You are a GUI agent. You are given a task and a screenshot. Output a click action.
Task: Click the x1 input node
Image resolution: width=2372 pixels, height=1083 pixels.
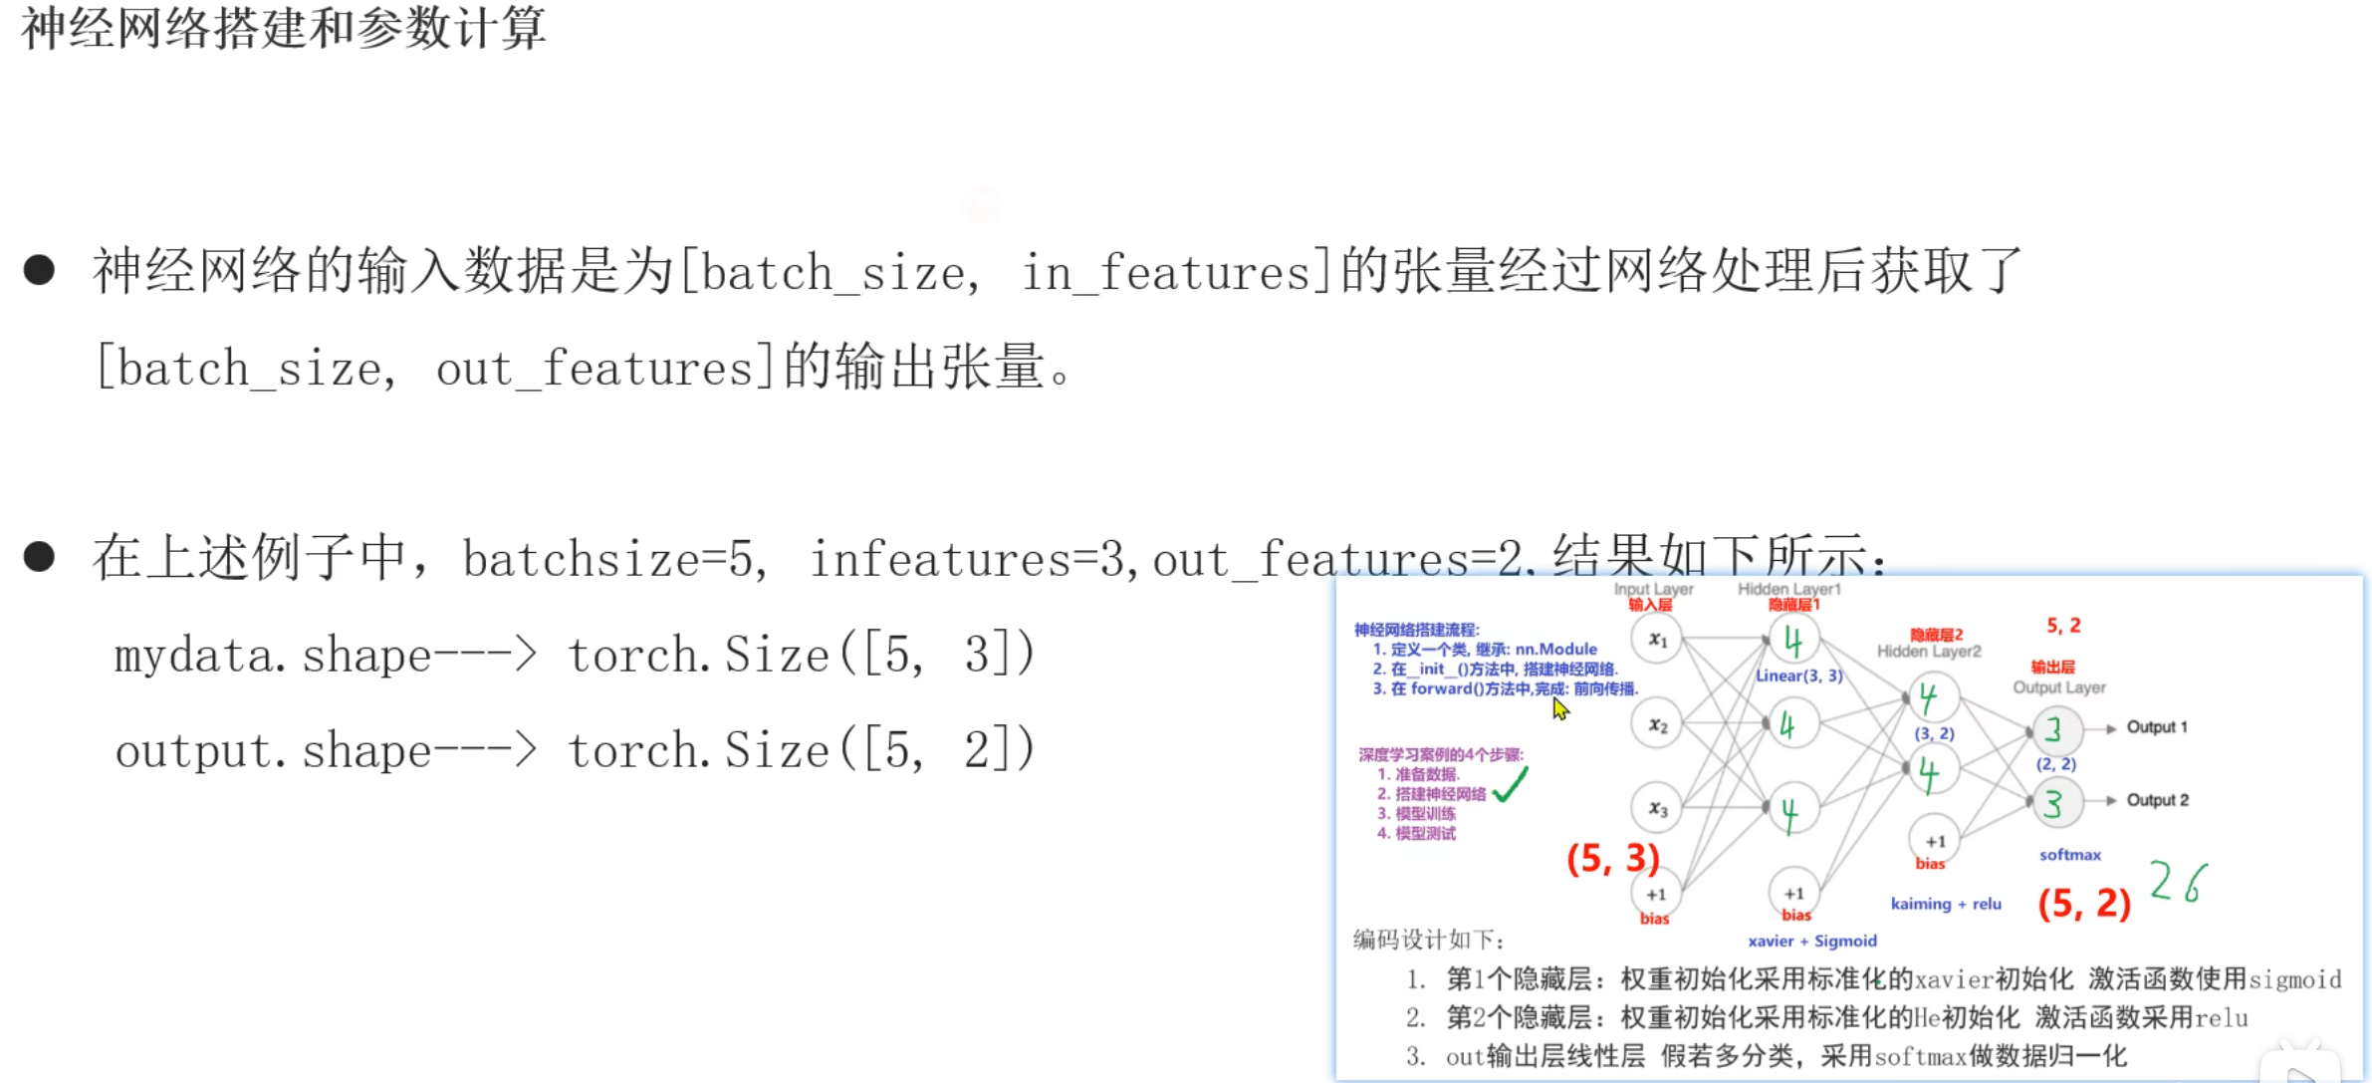coord(1656,640)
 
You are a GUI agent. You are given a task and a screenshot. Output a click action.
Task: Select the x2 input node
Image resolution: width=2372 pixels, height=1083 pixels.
coord(1656,725)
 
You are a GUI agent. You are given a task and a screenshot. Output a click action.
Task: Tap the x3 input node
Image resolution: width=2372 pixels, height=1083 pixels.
coord(1656,808)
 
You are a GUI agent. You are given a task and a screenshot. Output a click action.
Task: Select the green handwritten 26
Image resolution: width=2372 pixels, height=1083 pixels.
coord(2178,882)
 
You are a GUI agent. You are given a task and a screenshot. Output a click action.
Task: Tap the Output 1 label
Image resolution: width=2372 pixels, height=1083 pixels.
coord(2157,727)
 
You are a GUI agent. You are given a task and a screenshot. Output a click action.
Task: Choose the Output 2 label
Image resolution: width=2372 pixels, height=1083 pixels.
coord(2157,800)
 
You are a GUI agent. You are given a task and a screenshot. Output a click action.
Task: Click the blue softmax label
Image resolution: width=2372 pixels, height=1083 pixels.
coord(2069,855)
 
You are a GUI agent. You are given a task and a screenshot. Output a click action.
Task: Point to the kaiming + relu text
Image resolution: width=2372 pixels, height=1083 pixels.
coord(1946,904)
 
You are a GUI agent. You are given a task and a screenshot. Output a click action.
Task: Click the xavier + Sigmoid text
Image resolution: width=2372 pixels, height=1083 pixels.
coord(1812,941)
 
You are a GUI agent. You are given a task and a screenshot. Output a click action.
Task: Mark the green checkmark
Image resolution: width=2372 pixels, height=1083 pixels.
coord(1511,785)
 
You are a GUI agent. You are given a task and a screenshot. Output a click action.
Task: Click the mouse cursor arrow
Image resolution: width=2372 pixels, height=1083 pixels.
coord(1559,708)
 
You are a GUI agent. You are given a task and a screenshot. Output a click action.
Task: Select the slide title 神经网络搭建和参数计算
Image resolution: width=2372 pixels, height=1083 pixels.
coord(284,28)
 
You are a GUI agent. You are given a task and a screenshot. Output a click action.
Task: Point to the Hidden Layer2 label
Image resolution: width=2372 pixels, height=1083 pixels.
coord(1929,652)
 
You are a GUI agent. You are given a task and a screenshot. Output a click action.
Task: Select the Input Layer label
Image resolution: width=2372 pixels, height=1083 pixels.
coord(1653,589)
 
